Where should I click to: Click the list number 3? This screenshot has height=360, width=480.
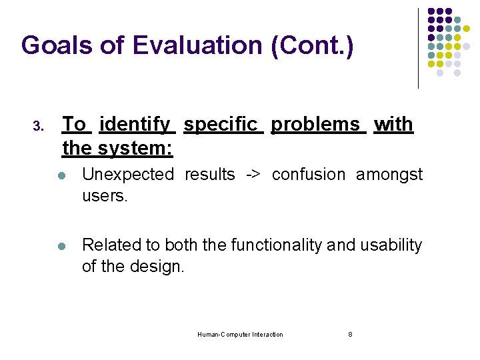tap(38, 126)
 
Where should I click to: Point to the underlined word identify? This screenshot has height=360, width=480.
tap(135, 125)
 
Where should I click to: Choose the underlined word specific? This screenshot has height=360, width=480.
tap(221, 125)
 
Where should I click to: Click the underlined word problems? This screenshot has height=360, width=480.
tap(315, 125)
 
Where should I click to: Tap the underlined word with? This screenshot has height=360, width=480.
tap(393, 125)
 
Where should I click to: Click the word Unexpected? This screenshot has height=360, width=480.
tap(127, 175)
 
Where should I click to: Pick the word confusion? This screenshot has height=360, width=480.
tap(309, 175)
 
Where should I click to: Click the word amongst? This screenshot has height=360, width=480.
tap(389, 175)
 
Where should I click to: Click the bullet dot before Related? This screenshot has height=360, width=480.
tap(61, 246)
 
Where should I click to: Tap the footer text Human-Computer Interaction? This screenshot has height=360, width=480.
tap(240, 335)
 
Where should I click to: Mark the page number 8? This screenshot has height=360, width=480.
tap(350, 335)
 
